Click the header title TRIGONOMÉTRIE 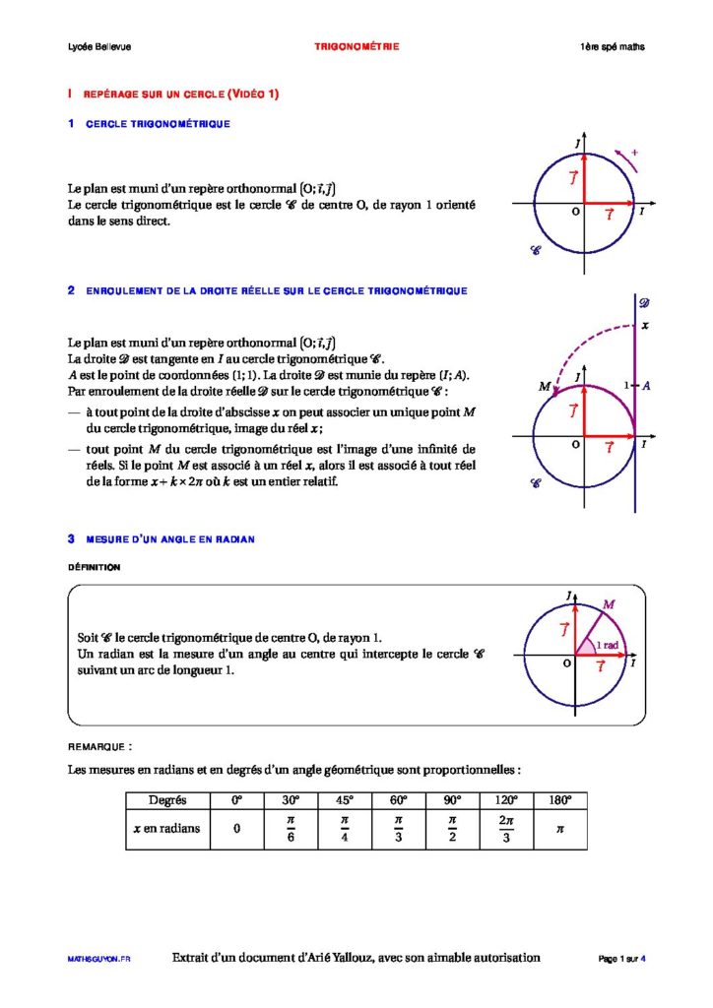[x=356, y=47]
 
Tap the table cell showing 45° [x=345, y=799]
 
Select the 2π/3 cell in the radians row [x=506, y=829]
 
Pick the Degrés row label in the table [x=167, y=799]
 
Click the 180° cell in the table [x=559, y=799]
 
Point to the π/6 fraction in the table [x=291, y=829]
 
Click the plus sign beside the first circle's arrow [x=635, y=153]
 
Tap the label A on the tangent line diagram [x=645, y=386]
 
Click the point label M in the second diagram [x=544, y=387]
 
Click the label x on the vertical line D [x=645, y=325]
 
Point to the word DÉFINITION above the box [x=94, y=568]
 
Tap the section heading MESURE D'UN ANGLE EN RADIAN [x=169, y=539]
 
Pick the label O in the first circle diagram [x=575, y=212]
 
